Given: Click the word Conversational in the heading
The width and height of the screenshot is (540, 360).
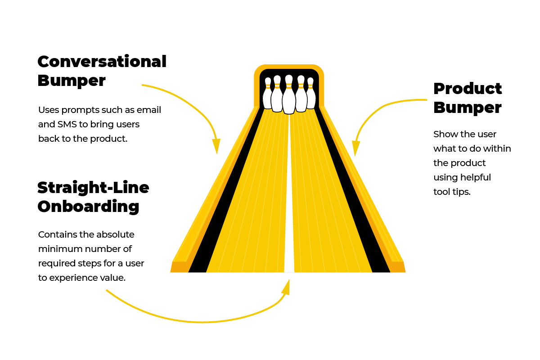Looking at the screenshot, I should coord(102,62).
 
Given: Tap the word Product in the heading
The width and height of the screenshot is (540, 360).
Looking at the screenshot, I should coord(468,89).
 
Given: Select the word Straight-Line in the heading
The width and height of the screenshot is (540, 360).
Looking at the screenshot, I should coord(93,187).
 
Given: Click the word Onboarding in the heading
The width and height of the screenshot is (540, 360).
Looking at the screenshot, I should coord(88,207).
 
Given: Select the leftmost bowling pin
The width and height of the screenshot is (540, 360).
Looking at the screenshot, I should coord(268,94).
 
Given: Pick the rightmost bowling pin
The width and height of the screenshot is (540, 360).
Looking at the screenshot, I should coord(310,94).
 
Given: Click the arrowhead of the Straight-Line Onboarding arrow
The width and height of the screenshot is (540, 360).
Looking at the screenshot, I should coord(286,286).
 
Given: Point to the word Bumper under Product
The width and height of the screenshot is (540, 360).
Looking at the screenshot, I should coord(468,108).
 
